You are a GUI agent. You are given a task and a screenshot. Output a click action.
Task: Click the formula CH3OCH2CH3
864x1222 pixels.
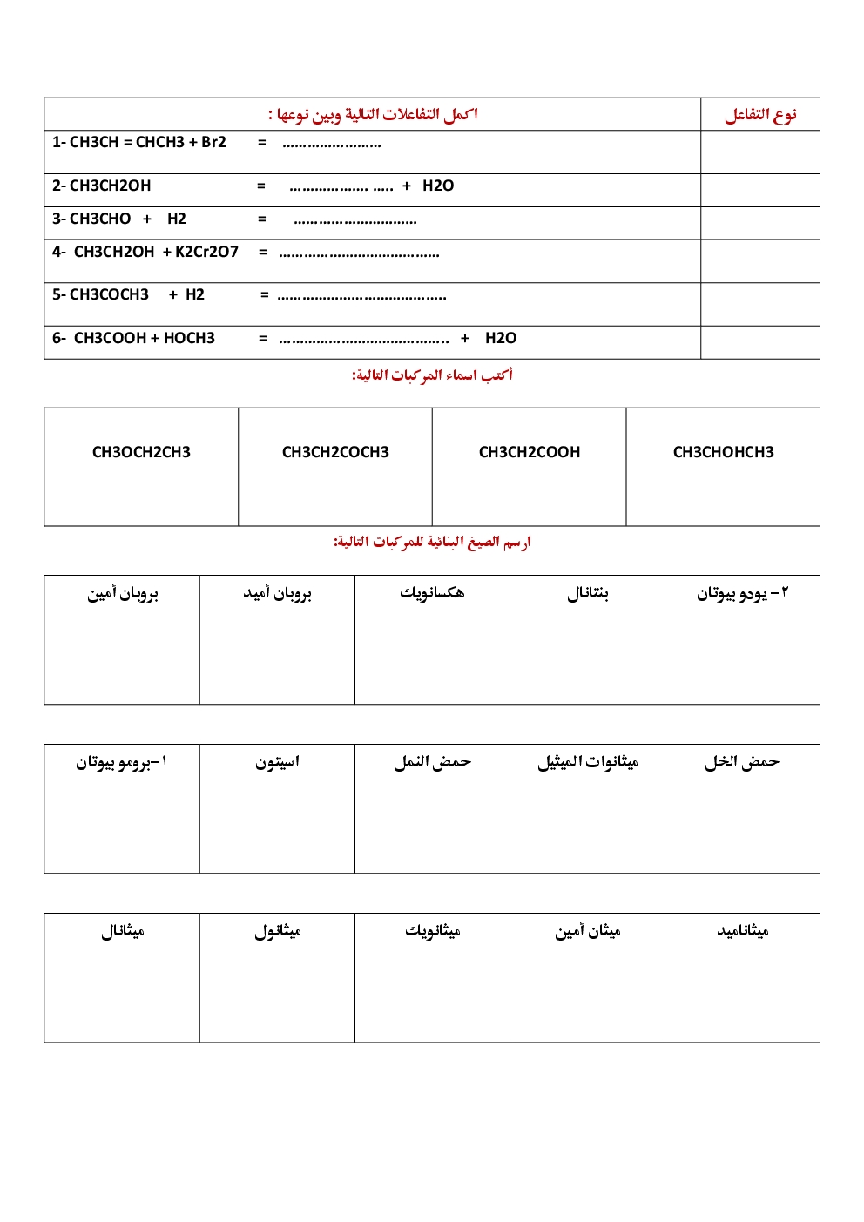(x=141, y=452)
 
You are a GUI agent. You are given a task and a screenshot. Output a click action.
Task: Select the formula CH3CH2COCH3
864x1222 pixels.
(x=335, y=452)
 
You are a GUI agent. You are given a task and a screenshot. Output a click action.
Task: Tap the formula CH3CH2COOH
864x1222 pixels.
(x=530, y=452)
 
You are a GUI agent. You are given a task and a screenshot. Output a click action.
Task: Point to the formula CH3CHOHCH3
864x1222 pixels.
(x=723, y=452)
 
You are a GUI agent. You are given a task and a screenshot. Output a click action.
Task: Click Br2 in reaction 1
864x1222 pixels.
(x=213, y=142)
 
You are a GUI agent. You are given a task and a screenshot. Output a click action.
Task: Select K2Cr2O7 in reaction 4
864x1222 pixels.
(x=206, y=252)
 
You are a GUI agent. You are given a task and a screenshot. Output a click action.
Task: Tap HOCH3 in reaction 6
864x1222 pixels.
(x=189, y=338)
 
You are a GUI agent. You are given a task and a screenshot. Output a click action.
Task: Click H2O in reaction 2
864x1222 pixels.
(x=438, y=186)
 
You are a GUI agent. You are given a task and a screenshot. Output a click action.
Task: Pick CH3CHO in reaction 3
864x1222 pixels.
(x=100, y=219)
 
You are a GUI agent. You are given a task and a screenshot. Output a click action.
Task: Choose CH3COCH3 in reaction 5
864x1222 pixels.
(x=109, y=294)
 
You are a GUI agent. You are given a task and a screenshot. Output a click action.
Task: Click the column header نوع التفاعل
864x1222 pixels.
(x=760, y=114)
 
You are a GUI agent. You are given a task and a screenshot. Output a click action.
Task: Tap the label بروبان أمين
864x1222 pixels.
(x=122, y=593)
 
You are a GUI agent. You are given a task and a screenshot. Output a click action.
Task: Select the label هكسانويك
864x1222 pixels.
(x=432, y=593)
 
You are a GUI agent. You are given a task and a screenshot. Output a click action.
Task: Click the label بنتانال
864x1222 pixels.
(x=587, y=593)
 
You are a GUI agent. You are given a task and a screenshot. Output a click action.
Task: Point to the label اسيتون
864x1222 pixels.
(x=277, y=762)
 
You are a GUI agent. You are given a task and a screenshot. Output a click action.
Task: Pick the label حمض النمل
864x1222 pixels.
(x=432, y=762)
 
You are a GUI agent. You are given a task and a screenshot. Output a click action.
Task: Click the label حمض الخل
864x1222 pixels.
(x=742, y=762)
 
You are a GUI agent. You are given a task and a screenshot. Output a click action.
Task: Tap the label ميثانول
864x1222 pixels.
(x=277, y=931)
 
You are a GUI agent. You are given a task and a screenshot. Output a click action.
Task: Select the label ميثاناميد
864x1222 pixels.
(x=742, y=931)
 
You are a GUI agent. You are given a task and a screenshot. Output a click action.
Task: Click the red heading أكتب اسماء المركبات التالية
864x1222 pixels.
(x=432, y=375)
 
